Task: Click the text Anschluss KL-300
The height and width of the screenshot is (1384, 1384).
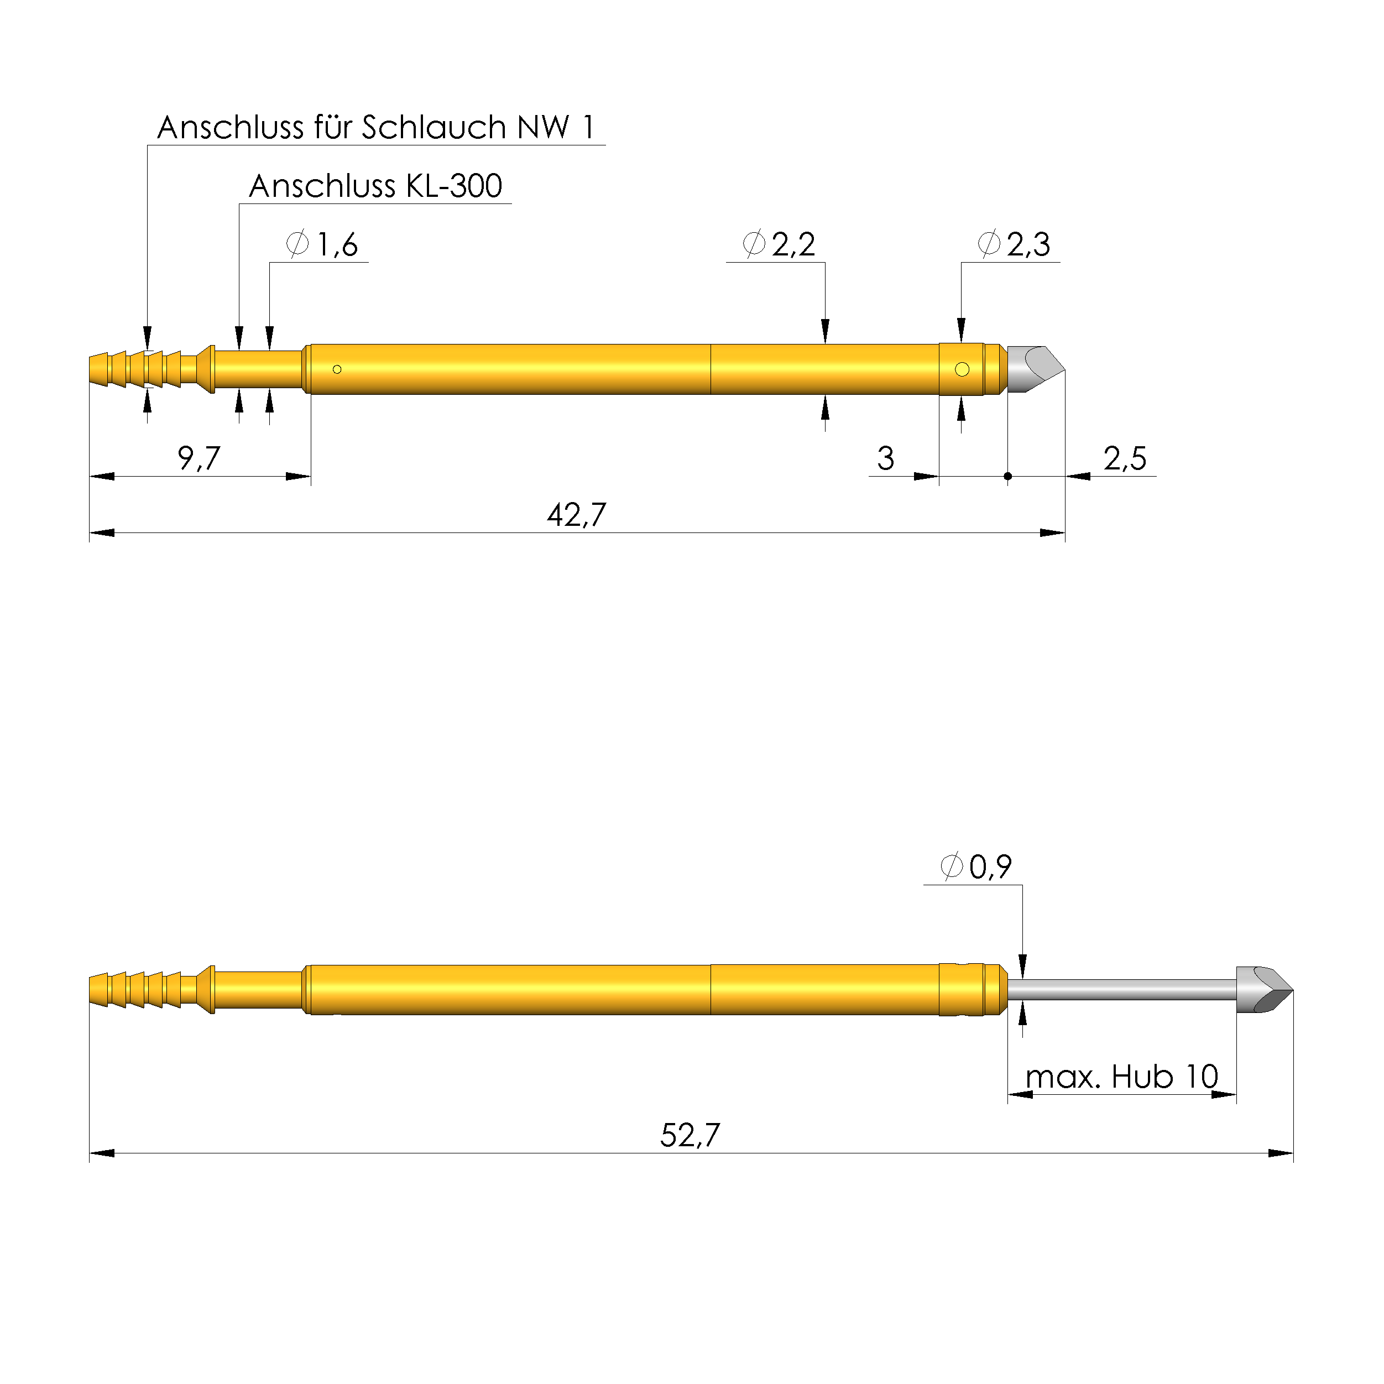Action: tap(375, 186)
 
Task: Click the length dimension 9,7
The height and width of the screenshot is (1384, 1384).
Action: tap(199, 458)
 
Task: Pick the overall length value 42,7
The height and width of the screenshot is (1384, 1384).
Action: tap(576, 515)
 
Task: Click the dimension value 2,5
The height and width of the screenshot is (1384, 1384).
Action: tap(1124, 458)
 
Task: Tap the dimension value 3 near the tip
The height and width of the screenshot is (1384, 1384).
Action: tap(885, 458)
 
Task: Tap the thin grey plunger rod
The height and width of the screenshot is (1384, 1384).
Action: tap(1121, 989)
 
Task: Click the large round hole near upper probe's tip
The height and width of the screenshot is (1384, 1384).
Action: tap(962, 369)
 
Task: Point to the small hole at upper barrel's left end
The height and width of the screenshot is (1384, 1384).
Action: tap(337, 369)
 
